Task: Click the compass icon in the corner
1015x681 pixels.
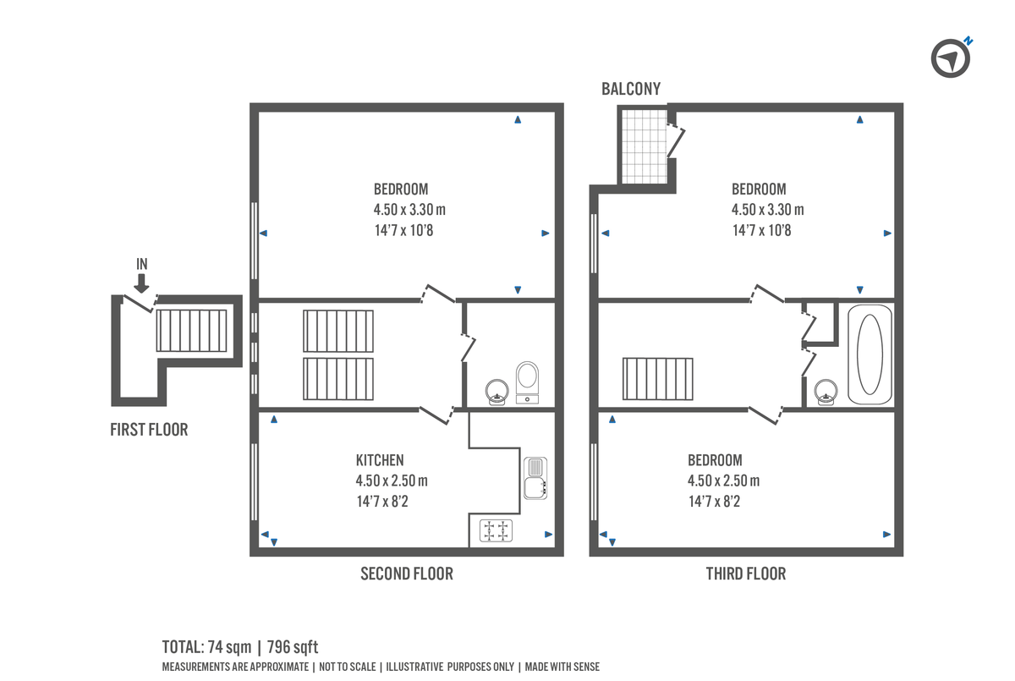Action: point(950,58)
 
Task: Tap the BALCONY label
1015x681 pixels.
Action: point(631,89)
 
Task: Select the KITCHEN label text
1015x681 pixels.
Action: point(380,460)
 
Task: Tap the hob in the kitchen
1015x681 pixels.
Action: point(496,531)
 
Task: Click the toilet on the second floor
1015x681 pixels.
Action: point(528,381)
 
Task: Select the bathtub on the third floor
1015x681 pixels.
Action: point(870,355)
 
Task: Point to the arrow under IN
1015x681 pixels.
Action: point(141,283)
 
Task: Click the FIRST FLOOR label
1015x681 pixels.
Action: point(149,430)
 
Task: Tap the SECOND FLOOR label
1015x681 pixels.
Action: point(407,574)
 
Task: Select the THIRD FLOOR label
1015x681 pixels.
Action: point(746,574)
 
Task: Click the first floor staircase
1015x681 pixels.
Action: point(191,331)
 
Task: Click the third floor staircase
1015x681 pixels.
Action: point(658,379)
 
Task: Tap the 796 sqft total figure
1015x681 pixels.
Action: point(293,648)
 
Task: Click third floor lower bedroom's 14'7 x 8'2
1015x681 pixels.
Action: point(714,502)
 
